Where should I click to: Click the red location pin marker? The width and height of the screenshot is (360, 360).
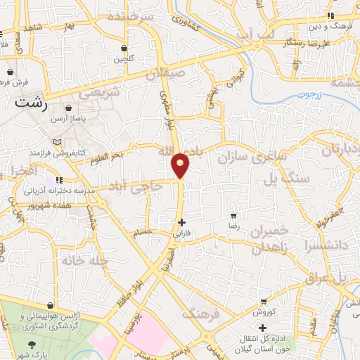tap(181, 164)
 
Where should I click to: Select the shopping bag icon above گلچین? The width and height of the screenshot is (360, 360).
tap(124, 49)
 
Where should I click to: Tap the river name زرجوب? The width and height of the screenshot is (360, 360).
tap(306, 93)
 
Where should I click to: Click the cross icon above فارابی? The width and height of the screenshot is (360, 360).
tap(182, 222)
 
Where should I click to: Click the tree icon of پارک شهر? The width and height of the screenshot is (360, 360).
tap(32, 345)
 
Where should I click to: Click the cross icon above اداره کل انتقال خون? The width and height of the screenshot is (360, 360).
tap(262, 328)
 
